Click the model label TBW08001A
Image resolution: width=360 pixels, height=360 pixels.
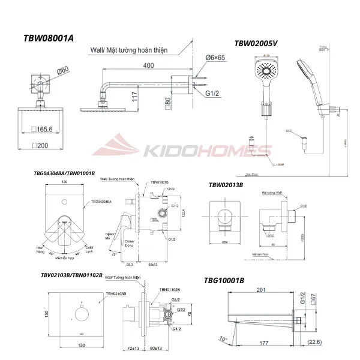48,38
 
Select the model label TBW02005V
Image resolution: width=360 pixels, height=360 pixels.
256,43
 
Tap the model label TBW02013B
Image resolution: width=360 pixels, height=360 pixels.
226,185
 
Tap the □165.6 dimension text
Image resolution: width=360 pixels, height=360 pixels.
50,128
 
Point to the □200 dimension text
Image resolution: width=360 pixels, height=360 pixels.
49,146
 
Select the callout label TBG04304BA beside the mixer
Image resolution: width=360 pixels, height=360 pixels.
101,202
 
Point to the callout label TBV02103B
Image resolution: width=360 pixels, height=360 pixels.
116,294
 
